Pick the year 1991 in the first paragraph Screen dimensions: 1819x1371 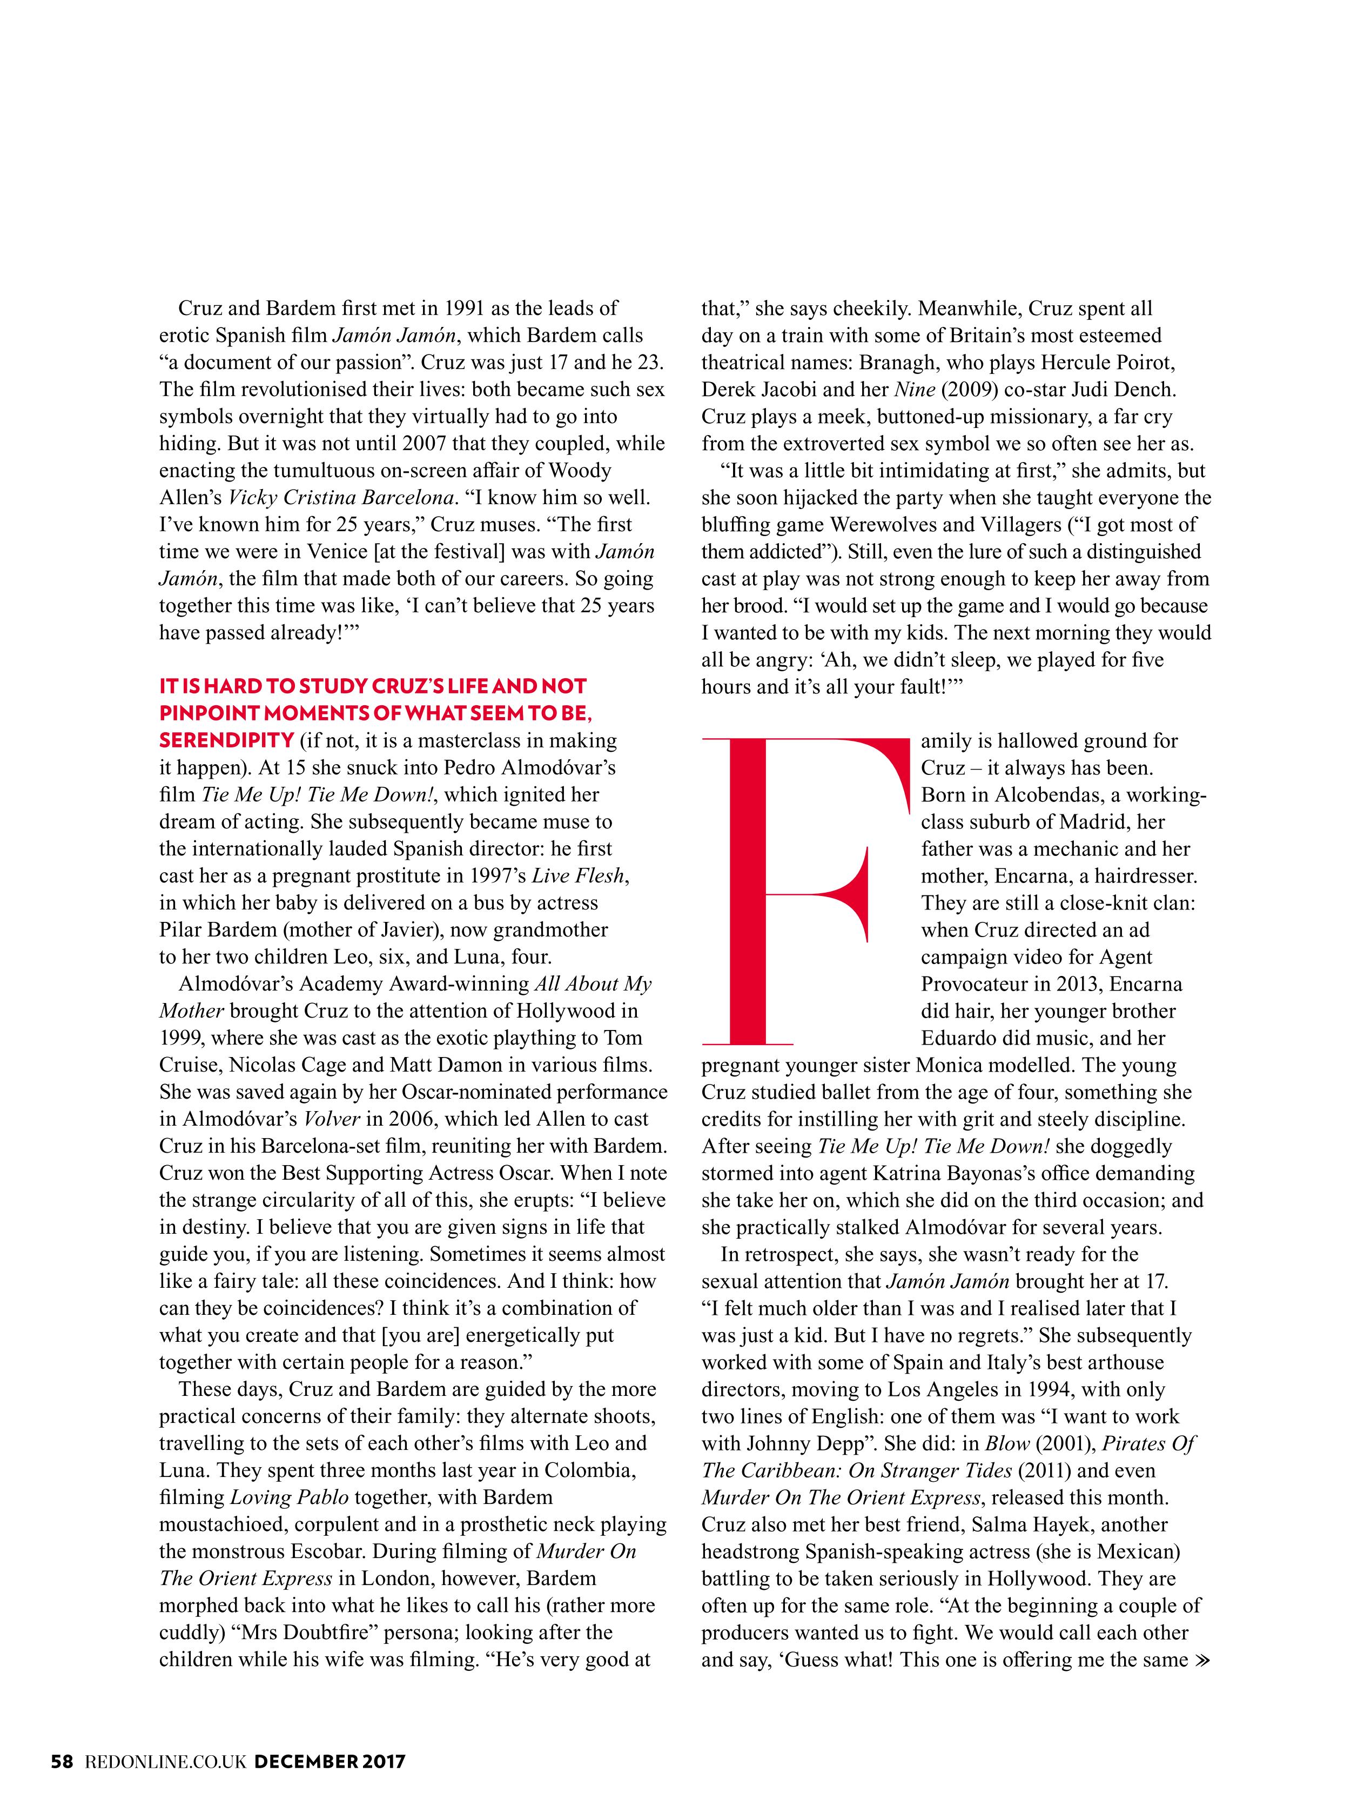[470, 309]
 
